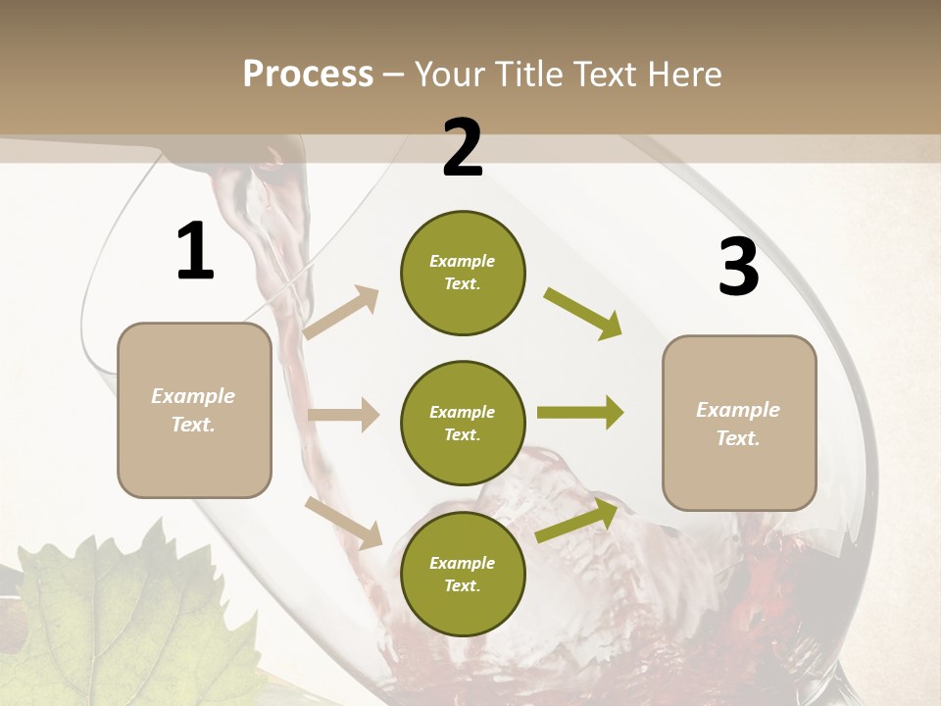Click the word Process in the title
coord(308,74)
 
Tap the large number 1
coord(195,252)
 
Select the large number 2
coord(462,148)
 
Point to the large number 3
coord(738,268)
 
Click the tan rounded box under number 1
coord(194,410)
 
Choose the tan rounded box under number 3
coord(739,423)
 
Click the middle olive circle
coord(463,423)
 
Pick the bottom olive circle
coord(463,574)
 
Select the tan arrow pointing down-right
coord(344,523)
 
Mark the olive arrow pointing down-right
coord(583,313)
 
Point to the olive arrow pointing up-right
coord(577,521)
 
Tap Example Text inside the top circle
coord(463,272)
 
